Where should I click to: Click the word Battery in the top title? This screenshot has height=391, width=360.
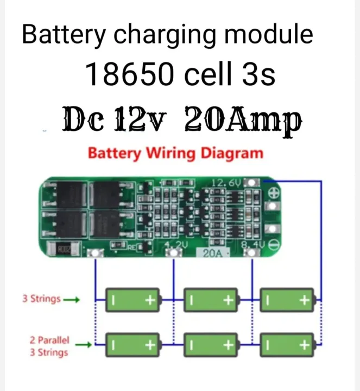64,35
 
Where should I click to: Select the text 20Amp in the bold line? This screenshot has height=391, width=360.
243,119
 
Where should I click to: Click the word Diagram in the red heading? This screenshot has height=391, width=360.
232,153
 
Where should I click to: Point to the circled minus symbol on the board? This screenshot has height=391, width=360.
274,245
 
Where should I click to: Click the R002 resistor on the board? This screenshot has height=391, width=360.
64,250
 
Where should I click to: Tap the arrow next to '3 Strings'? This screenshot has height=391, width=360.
72,299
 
